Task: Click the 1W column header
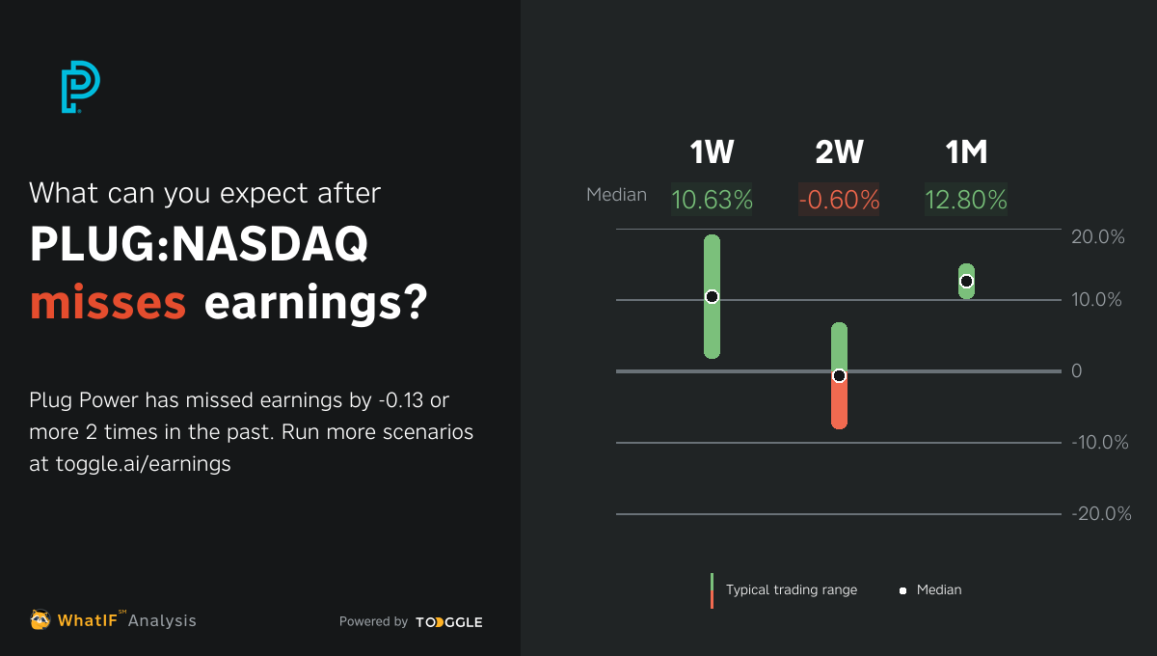click(x=712, y=152)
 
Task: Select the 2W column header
click(x=839, y=152)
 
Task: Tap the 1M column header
click(x=966, y=152)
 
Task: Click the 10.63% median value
click(x=712, y=200)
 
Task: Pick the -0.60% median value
click(x=839, y=200)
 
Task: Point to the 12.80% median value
click(x=966, y=200)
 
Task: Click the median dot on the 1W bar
click(x=712, y=297)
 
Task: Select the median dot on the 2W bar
click(x=839, y=375)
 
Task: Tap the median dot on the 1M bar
click(x=966, y=281)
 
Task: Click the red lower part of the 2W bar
click(x=839, y=405)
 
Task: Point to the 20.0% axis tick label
click(x=1098, y=237)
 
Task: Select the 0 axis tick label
click(x=1077, y=371)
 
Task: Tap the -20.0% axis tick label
click(x=1101, y=514)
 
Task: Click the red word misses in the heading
click(x=108, y=303)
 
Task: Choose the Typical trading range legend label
click(x=791, y=589)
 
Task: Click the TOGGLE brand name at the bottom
click(x=449, y=622)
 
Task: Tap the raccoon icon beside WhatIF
click(x=40, y=619)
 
